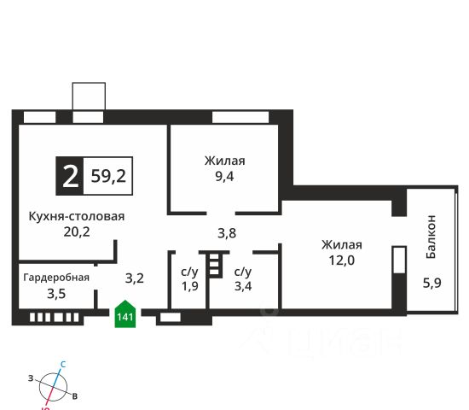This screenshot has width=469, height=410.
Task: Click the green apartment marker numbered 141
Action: click(x=125, y=313)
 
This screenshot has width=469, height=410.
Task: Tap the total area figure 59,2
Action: click(x=108, y=176)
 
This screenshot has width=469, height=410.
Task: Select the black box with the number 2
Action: click(x=70, y=176)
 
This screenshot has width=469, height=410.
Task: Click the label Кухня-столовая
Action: click(x=77, y=216)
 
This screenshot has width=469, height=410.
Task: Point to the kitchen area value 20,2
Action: click(x=77, y=231)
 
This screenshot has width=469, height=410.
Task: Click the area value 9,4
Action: click(x=224, y=177)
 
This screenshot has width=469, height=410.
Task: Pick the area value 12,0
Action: click(x=342, y=261)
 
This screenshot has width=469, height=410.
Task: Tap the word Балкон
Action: click(x=431, y=237)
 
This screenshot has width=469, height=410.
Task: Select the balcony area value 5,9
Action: click(x=432, y=283)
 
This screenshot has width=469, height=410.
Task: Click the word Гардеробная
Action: click(x=56, y=278)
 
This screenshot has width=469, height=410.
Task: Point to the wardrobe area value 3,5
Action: click(x=56, y=294)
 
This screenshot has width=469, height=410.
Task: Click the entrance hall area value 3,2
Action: click(x=135, y=278)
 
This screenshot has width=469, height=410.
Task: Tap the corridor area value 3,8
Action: click(x=227, y=233)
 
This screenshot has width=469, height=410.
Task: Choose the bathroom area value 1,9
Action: click(x=190, y=286)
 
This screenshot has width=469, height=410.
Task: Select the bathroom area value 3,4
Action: click(x=243, y=286)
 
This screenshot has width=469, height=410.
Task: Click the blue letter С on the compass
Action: click(x=63, y=365)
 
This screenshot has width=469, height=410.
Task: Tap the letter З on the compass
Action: click(x=31, y=378)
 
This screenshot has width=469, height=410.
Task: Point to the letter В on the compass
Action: click(x=75, y=396)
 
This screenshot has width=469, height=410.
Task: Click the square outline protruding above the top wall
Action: click(x=89, y=97)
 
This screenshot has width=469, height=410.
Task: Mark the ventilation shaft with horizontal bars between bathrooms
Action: click(x=215, y=264)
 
